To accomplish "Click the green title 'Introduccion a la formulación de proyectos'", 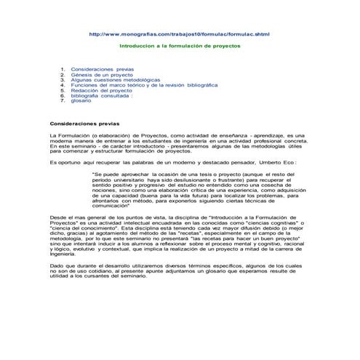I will coord(180,44).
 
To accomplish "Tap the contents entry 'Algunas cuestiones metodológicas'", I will coord(110,80).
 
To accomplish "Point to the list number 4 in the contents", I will coord(64,85).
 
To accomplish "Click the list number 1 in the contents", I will coord(64,70).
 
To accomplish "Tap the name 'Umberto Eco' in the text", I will coord(276,163).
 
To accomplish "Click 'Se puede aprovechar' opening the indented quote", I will coord(116,175).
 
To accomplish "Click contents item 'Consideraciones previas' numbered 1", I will coord(98,70).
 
